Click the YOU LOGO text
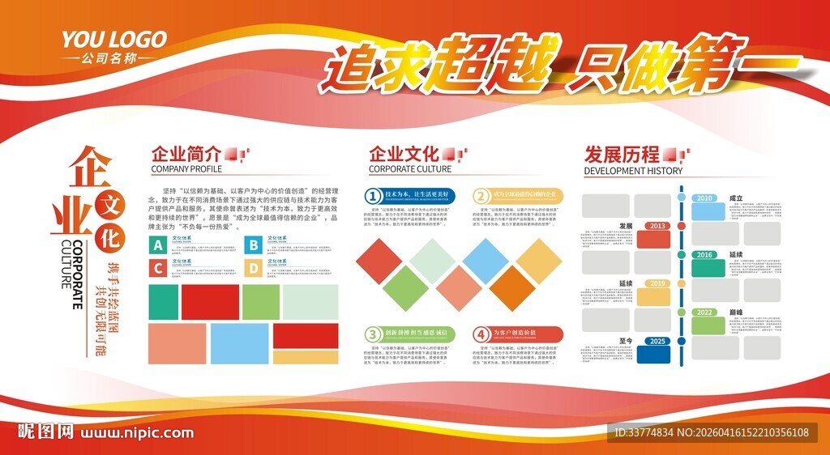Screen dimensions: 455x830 pos(114,39)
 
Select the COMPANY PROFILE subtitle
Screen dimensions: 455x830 pos(186,170)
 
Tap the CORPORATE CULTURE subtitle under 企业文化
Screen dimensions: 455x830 pos(410,170)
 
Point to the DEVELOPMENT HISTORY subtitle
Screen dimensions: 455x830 pos(633,171)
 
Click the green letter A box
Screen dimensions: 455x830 pos(158,245)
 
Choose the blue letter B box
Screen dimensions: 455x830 pos(254,245)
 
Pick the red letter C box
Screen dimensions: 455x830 pos(158,267)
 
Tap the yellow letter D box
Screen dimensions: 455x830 pos(254,267)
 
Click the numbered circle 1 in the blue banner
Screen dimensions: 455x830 pos(373,196)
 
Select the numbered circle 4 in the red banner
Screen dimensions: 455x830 pos(481,334)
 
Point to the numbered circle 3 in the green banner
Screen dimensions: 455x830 pos(373,334)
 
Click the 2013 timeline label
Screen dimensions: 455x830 pos(657,226)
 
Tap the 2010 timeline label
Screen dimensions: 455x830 pos(705,198)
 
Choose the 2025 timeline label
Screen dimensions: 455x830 pos(657,341)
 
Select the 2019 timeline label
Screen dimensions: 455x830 pos(657,284)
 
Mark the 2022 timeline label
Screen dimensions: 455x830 pos(705,313)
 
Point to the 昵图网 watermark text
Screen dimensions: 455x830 pos(46,432)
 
